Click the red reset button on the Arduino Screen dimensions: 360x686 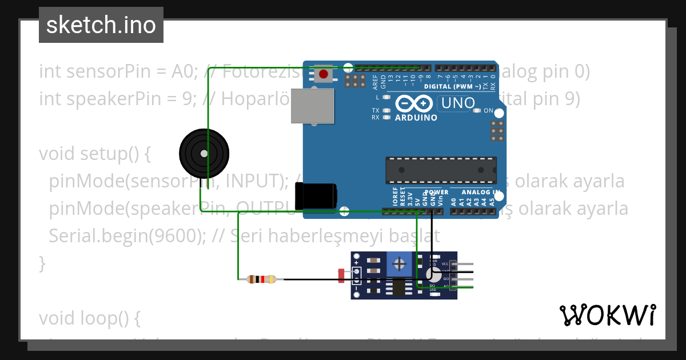point(324,74)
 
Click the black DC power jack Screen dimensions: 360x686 point(315,195)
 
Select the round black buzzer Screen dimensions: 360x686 point(204,153)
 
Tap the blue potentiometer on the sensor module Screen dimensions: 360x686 point(400,264)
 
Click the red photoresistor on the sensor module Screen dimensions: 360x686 point(341,275)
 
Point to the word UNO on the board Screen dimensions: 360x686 point(457,103)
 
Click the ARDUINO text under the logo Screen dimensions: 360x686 point(416,118)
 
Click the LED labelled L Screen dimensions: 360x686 point(386,98)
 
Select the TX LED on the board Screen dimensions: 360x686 point(386,110)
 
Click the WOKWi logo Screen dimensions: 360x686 point(607,315)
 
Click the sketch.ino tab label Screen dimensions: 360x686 point(101,25)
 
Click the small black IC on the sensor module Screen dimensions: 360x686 point(397,287)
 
